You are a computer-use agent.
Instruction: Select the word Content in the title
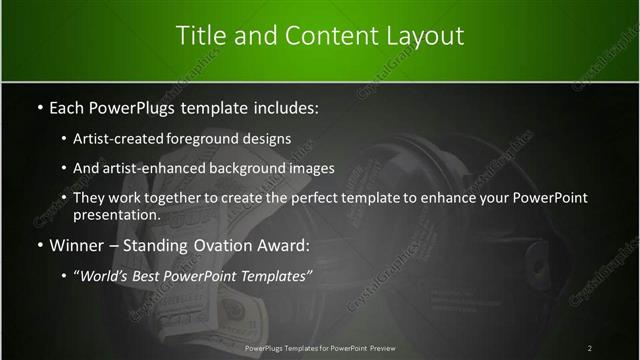tap(327, 36)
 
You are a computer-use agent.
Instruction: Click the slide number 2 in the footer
tap(590, 348)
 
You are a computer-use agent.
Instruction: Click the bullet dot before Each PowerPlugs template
tap(38, 105)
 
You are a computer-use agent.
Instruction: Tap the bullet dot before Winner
tap(38, 244)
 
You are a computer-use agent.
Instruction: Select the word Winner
tap(78, 244)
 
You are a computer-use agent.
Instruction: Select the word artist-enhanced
tap(146, 168)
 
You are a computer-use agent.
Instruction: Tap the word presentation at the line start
tap(116, 214)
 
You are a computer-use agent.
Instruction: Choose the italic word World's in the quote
tap(110, 274)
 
